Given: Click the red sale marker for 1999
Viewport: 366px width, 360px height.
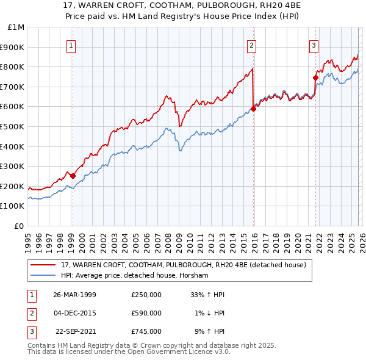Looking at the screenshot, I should pyautogui.click(x=73, y=176).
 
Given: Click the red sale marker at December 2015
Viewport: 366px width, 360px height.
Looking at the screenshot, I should pyautogui.click(x=253, y=109).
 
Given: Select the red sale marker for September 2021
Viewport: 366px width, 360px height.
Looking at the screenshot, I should pyautogui.click(x=315, y=77).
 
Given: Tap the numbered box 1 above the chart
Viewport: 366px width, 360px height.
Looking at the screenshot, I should pyautogui.click(x=71, y=45).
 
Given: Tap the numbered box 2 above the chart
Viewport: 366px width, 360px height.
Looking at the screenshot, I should pyautogui.click(x=251, y=45).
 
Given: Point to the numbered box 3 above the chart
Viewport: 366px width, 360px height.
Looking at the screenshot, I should pyautogui.click(x=314, y=45).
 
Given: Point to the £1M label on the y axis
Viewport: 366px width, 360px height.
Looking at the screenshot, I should pyautogui.click(x=16, y=27).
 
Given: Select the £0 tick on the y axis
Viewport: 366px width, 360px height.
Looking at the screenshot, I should pyautogui.click(x=19, y=226).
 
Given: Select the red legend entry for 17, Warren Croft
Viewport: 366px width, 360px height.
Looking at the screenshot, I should pyautogui.click(x=187, y=265).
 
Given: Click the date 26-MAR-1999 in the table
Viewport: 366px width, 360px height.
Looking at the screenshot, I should pyautogui.click(x=75, y=294).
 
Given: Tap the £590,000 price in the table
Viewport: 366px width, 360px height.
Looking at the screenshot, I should pyautogui.click(x=146, y=313).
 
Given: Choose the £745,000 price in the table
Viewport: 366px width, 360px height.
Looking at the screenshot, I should pyautogui.click(x=146, y=332).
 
